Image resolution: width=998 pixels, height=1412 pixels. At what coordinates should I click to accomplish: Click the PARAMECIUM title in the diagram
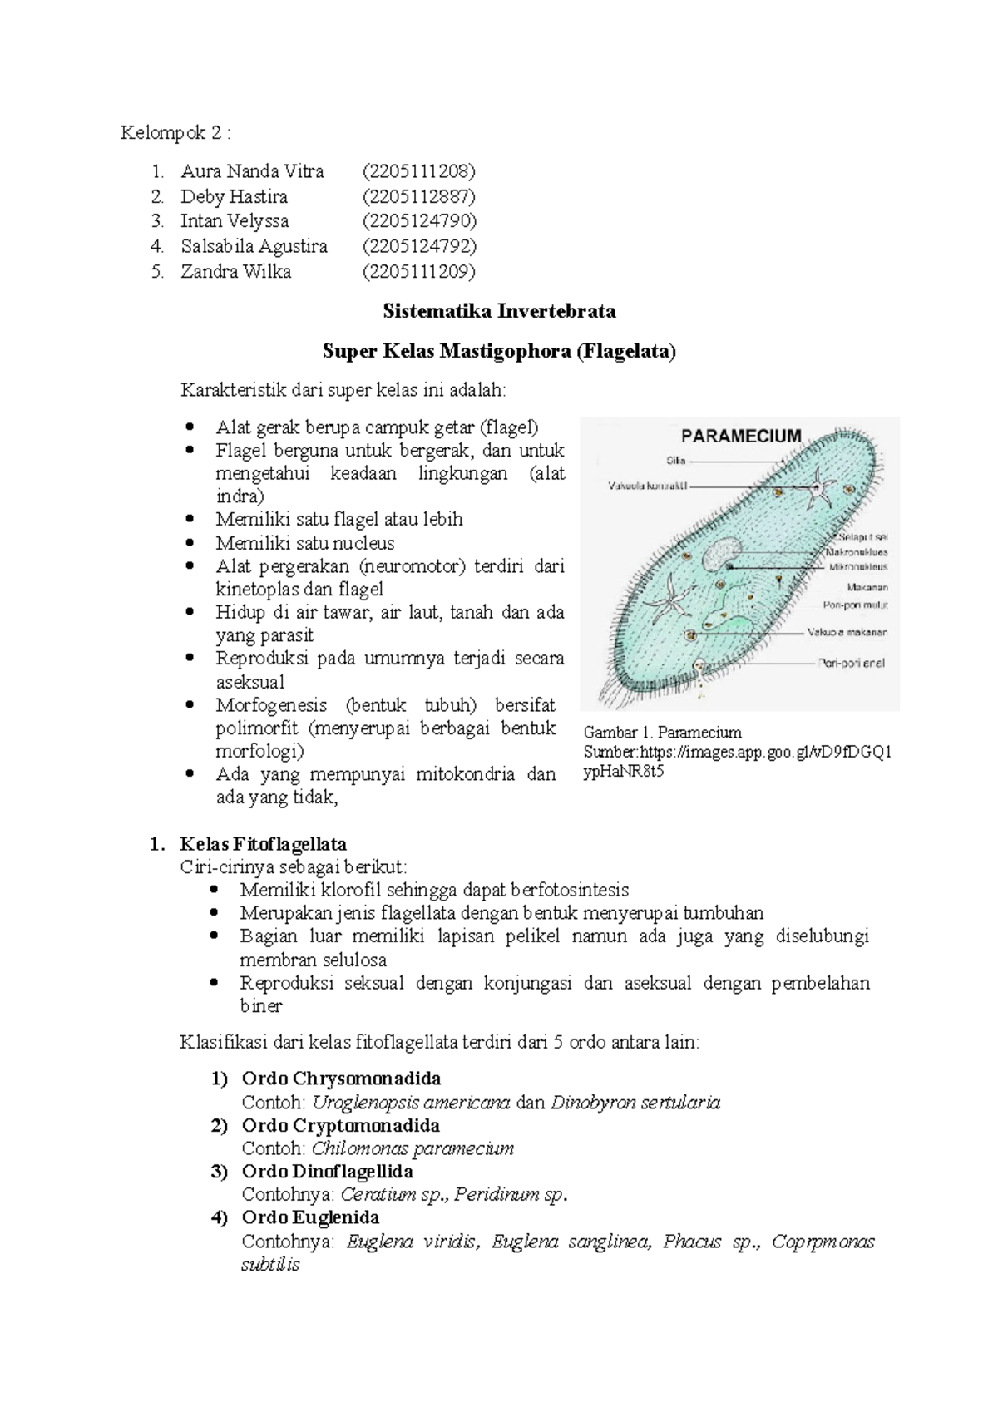tap(741, 436)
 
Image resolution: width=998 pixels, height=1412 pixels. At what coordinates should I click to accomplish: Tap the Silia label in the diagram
tap(675, 460)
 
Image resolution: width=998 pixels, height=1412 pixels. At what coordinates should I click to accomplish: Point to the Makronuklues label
tap(856, 552)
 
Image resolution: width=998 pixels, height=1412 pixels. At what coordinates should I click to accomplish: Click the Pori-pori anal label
tap(852, 664)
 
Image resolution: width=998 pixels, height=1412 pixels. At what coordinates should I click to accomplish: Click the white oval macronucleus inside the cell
tap(722, 553)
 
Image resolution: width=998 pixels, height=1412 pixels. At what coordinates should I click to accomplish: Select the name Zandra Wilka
tap(235, 272)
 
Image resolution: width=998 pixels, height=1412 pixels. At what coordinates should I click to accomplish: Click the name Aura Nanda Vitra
tap(252, 172)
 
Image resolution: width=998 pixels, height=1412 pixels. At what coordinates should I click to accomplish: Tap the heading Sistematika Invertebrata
tap(499, 312)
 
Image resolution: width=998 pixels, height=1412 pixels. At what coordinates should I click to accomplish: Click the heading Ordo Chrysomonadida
tap(341, 1079)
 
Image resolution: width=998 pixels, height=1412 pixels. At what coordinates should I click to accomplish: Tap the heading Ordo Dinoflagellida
tap(327, 1172)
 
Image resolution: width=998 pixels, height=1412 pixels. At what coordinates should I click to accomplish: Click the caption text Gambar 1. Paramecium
tap(662, 733)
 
